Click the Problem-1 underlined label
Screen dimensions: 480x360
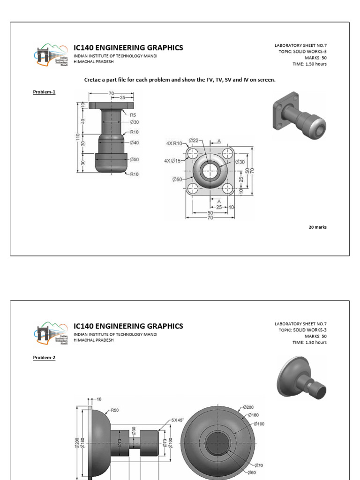[x=44, y=92]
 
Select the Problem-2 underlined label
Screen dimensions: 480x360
[x=44, y=358]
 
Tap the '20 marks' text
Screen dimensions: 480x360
[x=317, y=227]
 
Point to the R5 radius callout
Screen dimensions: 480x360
[x=134, y=114]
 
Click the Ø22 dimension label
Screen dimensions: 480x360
[x=194, y=140]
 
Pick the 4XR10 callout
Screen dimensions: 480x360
[x=174, y=144]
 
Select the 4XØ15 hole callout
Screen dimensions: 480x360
[x=172, y=161]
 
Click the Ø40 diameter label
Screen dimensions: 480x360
[x=134, y=142]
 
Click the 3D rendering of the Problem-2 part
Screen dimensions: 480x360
[x=301, y=378]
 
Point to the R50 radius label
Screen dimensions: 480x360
[x=114, y=410]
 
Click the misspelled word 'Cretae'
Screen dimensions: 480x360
[x=92, y=80]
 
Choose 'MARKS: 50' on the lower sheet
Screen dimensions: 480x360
[x=315, y=336]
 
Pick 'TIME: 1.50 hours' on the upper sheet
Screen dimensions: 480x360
[x=309, y=64]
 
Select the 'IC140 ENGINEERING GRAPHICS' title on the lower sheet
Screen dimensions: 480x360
[x=128, y=326]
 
